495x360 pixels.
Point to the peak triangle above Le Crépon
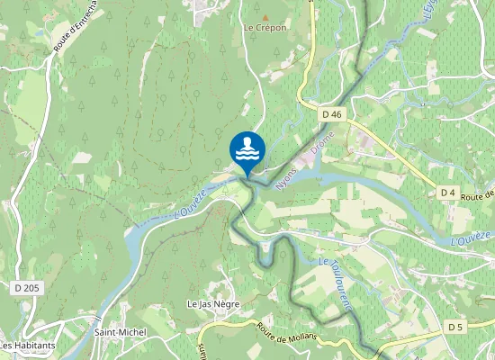click(x=264, y=16)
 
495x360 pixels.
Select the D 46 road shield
click(x=332, y=114)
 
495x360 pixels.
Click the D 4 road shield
click(x=448, y=193)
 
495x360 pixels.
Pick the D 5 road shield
click(x=457, y=329)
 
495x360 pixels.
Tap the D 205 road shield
click(x=28, y=287)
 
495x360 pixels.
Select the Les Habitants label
click(x=28, y=345)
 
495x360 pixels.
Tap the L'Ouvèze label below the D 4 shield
click(x=471, y=238)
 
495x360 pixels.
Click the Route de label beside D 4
click(x=478, y=194)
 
